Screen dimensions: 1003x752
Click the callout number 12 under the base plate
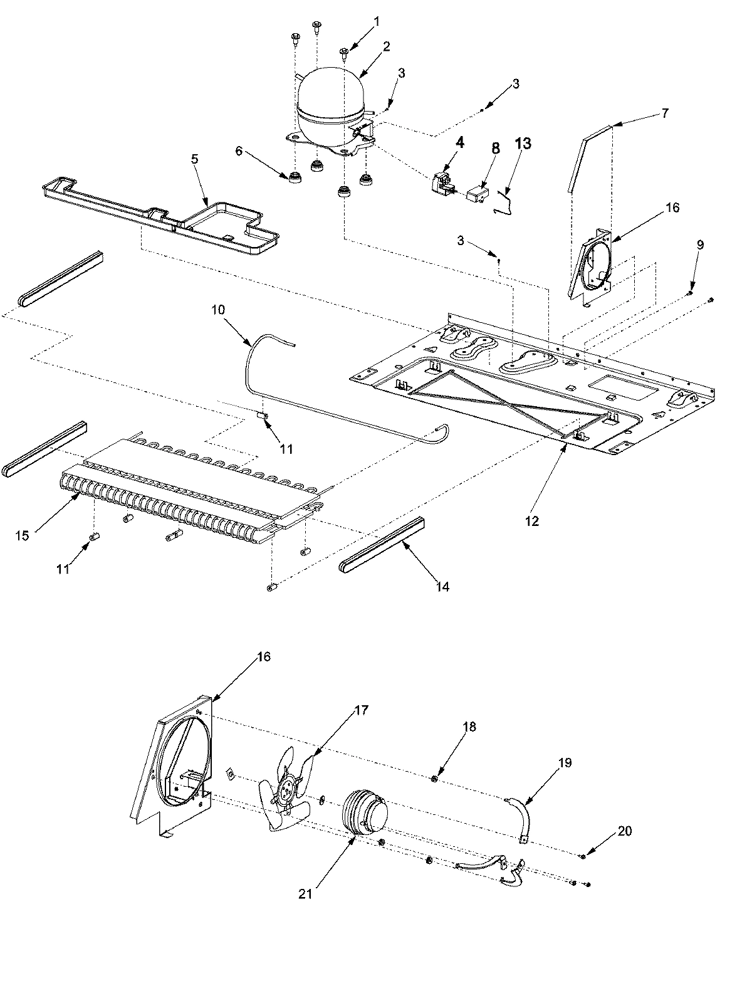pos(532,521)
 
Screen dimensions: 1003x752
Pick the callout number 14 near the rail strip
pos(444,587)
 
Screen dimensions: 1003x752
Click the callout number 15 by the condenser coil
pos(23,536)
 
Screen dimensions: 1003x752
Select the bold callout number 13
pos(523,144)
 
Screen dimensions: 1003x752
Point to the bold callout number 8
pos(496,148)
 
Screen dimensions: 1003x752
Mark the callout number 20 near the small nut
pos(625,831)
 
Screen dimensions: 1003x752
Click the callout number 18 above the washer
pos(469,727)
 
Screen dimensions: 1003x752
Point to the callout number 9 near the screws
pos(700,244)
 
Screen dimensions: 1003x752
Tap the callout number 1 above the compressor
pos(377,22)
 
